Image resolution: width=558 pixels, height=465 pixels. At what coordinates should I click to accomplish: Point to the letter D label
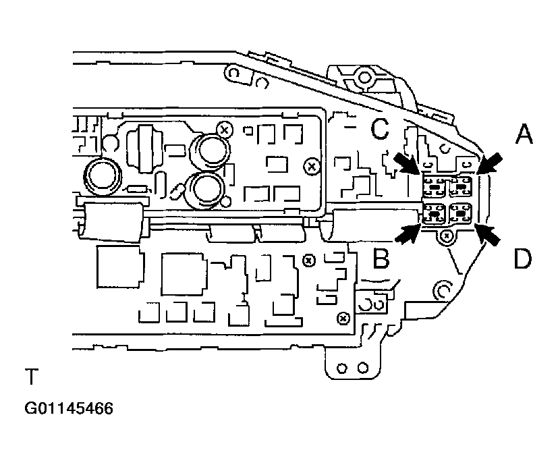tap(522, 258)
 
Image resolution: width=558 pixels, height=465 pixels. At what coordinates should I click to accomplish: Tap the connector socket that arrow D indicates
tap(462, 214)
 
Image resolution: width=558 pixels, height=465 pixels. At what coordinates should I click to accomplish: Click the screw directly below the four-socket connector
tap(446, 236)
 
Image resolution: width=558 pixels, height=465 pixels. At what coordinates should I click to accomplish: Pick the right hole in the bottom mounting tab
tap(364, 368)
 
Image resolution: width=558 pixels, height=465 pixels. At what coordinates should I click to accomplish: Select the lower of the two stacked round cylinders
tap(205, 187)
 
